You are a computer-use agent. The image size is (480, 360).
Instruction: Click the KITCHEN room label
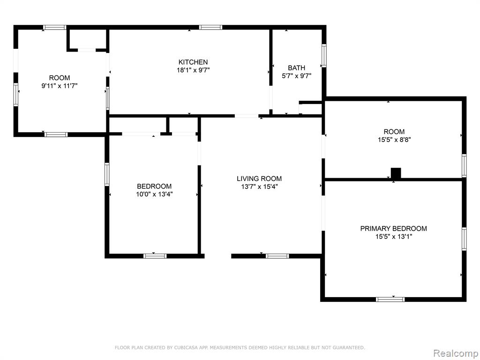pos(193,62)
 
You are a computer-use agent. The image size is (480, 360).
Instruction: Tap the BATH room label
pos(296,68)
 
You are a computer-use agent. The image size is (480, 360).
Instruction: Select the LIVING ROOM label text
pos(259,179)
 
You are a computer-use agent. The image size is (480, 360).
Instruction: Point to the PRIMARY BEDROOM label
pos(393,228)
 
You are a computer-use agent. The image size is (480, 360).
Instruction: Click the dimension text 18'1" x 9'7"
pos(193,70)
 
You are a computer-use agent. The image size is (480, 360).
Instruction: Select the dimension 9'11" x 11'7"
pos(60,86)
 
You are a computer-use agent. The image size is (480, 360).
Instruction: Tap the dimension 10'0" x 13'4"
pos(154,194)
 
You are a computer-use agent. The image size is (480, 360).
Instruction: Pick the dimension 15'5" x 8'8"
pos(394,140)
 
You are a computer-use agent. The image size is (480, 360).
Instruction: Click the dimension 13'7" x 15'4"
pos(259,187)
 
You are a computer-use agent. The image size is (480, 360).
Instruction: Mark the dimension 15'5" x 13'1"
pos(394,236)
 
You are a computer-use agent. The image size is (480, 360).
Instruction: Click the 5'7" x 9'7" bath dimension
pos(296,76)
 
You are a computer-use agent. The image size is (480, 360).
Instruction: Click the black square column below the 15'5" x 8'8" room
pos(396,173)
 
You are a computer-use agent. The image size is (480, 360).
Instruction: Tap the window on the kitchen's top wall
pos(210,27)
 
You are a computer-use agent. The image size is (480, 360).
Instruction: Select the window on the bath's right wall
pos(324,55)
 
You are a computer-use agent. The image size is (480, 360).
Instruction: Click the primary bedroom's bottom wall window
pos(390,300)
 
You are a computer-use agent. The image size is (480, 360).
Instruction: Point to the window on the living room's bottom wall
pos(277,256)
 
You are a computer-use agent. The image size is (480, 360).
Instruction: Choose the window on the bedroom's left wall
pos(107,174)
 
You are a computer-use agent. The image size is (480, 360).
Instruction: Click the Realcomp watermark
pos(455,353)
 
